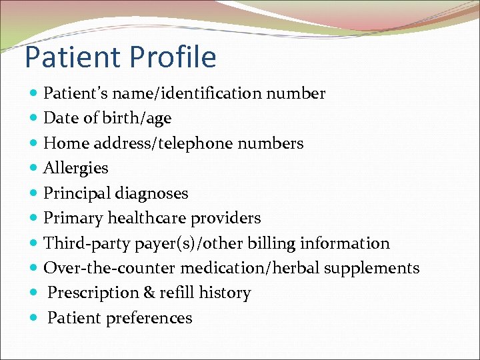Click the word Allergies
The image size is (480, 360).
75,168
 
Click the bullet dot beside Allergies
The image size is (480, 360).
34,169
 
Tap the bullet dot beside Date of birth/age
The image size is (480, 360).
34,119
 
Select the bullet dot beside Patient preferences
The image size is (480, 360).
34,319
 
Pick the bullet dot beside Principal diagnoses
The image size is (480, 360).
34,193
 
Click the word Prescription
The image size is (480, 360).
93,293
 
